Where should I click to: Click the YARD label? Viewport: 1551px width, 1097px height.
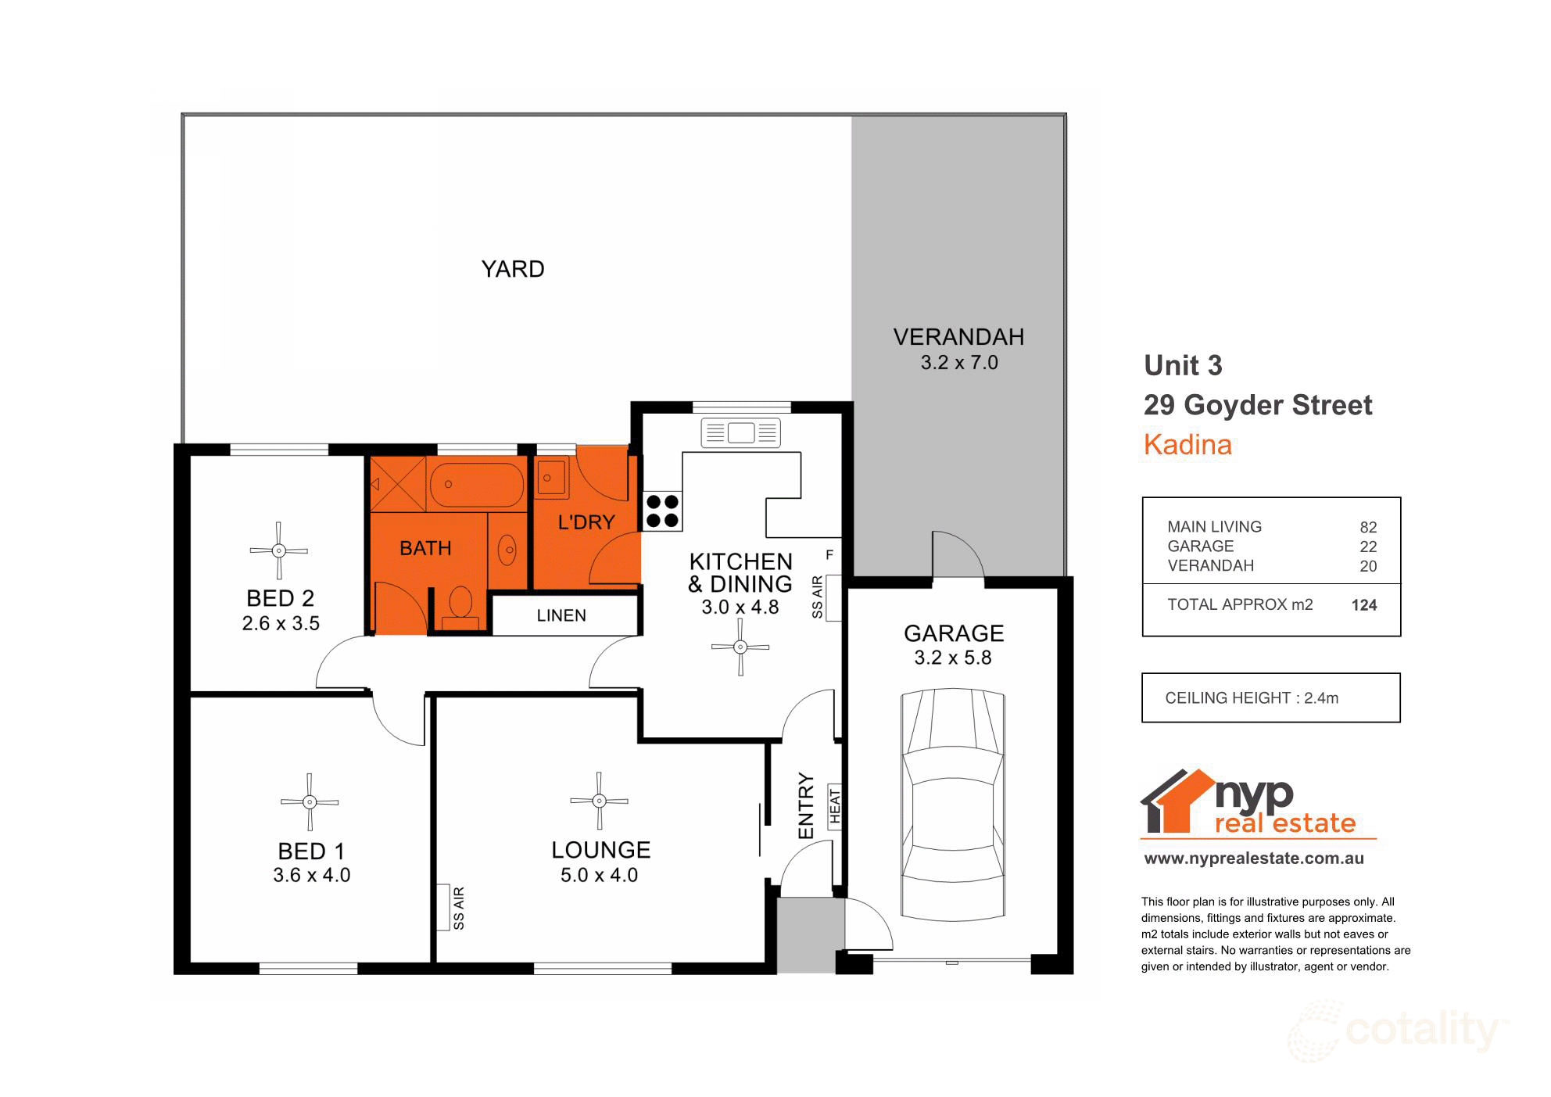[512, 269]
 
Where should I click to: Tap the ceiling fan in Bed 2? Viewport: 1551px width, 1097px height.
[279, 550]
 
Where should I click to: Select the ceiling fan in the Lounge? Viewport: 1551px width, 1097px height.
[599, 801]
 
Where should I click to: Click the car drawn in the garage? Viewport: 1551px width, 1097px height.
[952, 803]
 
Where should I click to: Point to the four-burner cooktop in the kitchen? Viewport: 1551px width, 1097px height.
[661, 511]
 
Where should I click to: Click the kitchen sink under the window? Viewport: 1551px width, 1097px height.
[740, 432]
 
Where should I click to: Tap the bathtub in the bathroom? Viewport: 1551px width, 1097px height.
[478, 485]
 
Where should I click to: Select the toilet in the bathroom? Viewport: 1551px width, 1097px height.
[460, 606]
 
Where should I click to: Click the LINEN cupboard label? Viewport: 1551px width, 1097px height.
[561, 615]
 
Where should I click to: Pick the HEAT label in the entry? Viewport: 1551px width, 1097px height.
[834, 806]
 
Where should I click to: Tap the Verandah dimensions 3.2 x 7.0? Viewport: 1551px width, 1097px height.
[959, 363]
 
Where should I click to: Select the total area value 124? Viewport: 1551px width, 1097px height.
[1363, 605]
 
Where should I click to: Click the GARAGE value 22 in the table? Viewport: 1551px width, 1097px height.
[1367, 547]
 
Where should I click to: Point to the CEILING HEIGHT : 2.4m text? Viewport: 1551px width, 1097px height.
[1252, 698]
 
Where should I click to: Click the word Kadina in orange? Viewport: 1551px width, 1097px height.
[1187, 445]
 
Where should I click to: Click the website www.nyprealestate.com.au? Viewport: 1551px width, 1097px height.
[1254, 859]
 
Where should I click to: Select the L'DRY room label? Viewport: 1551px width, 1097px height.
[586, 522]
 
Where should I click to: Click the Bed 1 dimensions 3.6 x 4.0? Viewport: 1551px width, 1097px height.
[311, 875]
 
